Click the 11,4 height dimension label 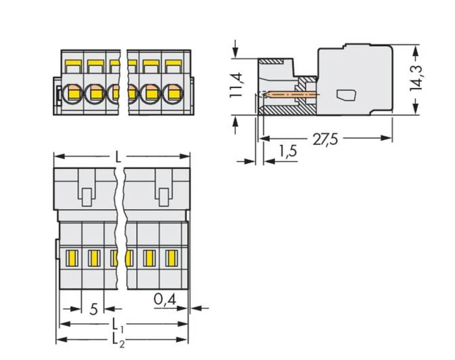236,85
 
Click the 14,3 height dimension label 416,77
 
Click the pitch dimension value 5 94,309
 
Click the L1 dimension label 118,325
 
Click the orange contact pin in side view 291,95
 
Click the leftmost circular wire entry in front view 72,94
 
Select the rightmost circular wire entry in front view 172,94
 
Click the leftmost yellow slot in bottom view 71,258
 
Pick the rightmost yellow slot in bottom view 171,258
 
